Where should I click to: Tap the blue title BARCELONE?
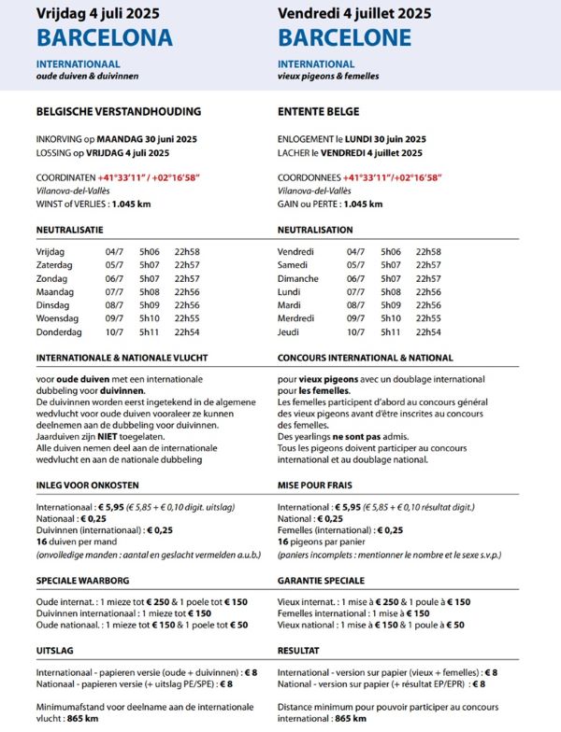(x=344, y=37)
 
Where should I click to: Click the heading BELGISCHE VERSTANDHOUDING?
(x=118, y=111)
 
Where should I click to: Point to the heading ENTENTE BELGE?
(x=318, y=111)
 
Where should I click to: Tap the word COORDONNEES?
(x=309, y=177)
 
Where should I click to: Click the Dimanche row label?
(x=298, y=278)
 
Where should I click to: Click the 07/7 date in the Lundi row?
(x=355, y=291)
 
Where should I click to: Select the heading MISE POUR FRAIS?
(x=324, y=486)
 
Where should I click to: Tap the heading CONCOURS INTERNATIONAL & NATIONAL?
(x=365, y=358)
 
